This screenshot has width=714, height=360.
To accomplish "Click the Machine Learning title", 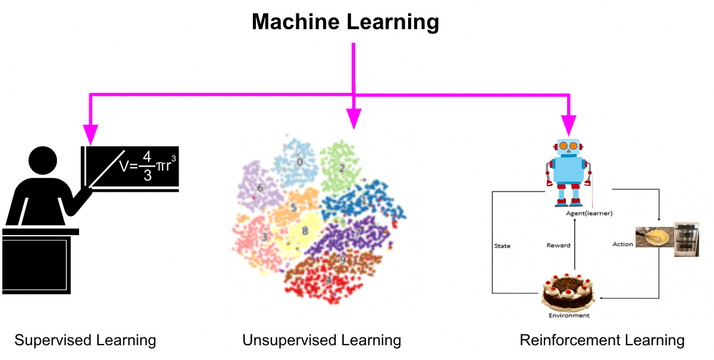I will pos(345,22).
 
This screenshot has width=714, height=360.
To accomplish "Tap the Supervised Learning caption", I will pos(85,340).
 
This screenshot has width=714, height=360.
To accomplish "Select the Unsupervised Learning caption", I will pos(322,340).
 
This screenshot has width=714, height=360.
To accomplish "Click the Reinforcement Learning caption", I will pos(602,340).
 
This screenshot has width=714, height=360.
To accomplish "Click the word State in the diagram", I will pos(503,245).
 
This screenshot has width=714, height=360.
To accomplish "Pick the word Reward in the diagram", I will pos(558,245).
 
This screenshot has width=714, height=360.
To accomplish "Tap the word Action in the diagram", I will pos(622,244).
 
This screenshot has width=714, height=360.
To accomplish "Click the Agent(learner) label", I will pos(589,212).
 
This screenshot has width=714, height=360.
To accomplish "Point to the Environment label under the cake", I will pos(569,315).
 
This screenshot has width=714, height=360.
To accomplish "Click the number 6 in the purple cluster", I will pos(259,188).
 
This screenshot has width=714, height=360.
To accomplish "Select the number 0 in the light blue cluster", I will pos(300,161).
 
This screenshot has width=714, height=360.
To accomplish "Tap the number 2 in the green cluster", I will pos(342,168).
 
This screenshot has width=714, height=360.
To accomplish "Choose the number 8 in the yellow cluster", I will pos(305,231).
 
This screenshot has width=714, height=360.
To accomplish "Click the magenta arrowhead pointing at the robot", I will pos(569,126).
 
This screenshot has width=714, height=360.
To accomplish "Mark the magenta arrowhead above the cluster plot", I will pos(354,120).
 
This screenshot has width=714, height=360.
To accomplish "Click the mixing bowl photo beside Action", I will pos(653,237).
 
